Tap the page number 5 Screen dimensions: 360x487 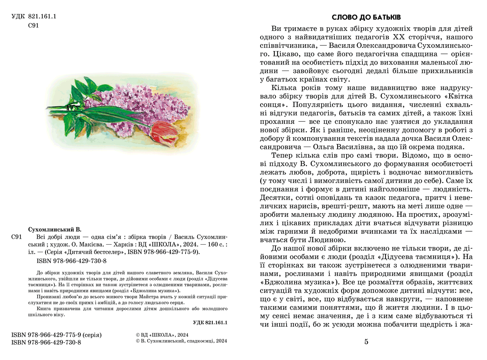coord(366,342)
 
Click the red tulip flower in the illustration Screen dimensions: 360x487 coord(164,130)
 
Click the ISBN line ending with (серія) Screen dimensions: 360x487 coord(57,335)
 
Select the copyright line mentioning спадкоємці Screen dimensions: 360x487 coord(181,342)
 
